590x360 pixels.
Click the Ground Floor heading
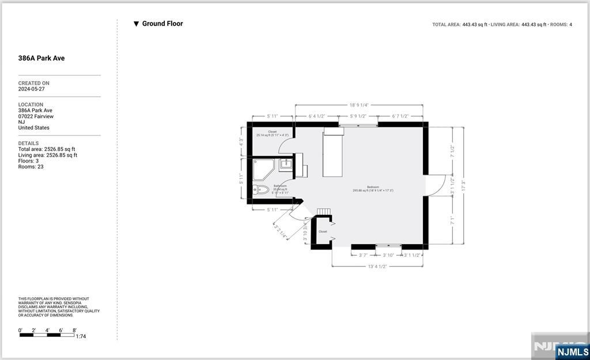click(162, 24)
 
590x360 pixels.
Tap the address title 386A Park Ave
click(41, 58)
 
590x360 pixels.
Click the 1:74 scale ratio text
click(81, 336)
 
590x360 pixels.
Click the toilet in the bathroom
click(261, 189)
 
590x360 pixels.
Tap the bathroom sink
click(286, 164)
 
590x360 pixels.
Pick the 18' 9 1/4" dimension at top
click(358, 105)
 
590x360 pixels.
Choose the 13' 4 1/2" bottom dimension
click(377, 267)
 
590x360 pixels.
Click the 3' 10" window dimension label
click(388, 255)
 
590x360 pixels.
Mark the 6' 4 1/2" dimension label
click(317, 116)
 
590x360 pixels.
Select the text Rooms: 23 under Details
click(31, 167)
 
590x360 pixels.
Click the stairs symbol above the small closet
click(324, 212)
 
